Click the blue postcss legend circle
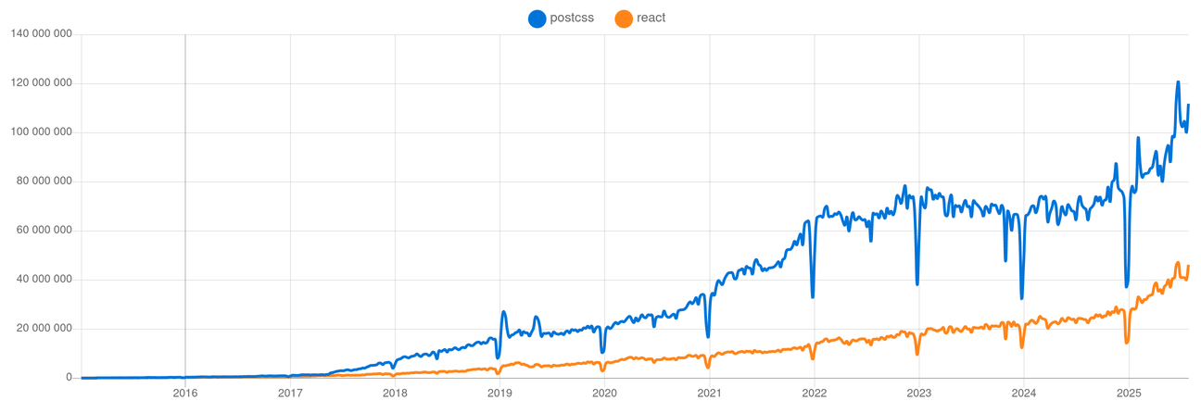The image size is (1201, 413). (x=537, y=18)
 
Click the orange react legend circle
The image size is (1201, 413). (x=624, y=18)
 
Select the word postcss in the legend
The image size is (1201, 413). (x=572, y=18)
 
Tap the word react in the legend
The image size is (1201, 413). (x=651, y=18)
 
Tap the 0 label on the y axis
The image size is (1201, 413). (x=69, y=378)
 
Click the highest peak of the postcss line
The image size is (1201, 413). (x=1178, y=81)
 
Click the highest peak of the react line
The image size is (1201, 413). (x=1178, y=263)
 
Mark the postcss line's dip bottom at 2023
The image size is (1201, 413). (x=917, y=283)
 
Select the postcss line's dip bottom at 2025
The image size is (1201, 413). (x=1127, y=286)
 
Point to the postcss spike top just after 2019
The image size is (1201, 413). (x=503, y=312)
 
